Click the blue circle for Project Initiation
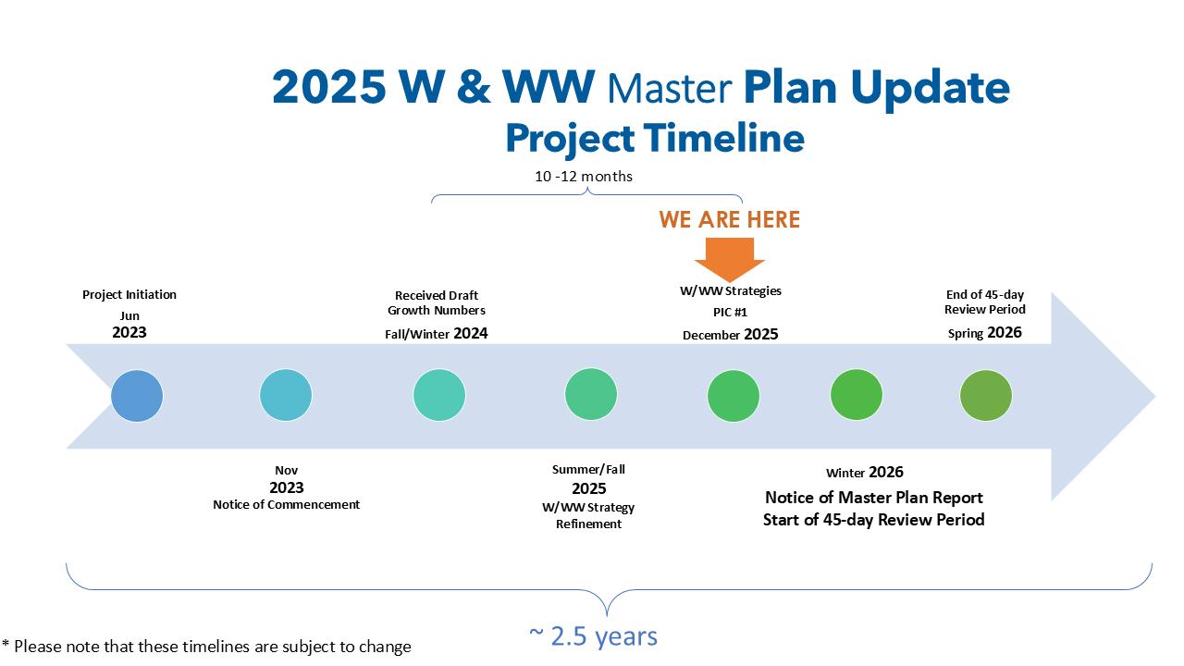click(137, 396)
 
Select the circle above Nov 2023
click(286, 395)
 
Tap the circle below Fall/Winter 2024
click(439, 395)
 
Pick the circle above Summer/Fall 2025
click(591, 394)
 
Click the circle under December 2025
click(734, 396)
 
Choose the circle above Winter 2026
click(857, 395)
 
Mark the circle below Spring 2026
click(986, 395)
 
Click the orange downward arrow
click(730, 260)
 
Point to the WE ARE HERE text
click(730, 219)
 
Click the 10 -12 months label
click(584, 176)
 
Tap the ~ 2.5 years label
click(594, 635)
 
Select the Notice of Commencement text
click(287, 504)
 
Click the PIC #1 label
click(730, 313)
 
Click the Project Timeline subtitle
click(655, 139)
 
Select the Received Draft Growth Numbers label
click(437, 302)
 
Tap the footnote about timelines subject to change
click(206, 647)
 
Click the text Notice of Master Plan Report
click(874, 498)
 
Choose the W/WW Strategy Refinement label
click(588, 515)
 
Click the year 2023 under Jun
click(129, 332)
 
